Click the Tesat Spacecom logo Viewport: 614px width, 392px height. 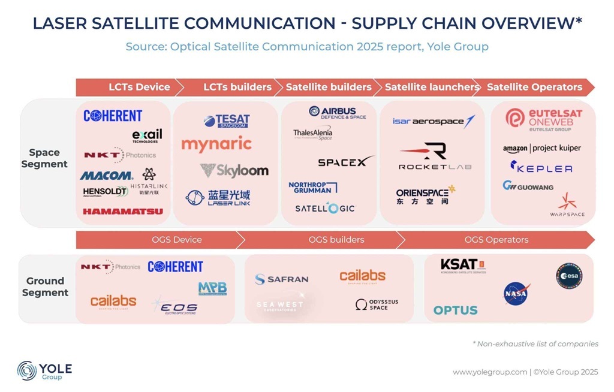227,121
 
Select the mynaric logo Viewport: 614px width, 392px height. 216,144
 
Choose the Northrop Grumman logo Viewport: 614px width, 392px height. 312,187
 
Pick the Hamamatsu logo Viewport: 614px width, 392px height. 123,211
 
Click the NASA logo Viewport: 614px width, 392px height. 516,293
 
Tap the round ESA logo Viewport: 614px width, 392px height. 568,276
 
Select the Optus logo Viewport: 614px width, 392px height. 456,310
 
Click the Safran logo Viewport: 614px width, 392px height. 282,279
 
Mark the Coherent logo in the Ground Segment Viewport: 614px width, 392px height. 175,267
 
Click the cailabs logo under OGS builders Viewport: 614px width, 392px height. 362,276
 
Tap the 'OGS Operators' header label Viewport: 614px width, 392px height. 496,240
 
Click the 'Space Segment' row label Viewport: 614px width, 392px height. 45,158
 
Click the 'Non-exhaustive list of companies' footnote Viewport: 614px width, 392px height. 535,343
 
